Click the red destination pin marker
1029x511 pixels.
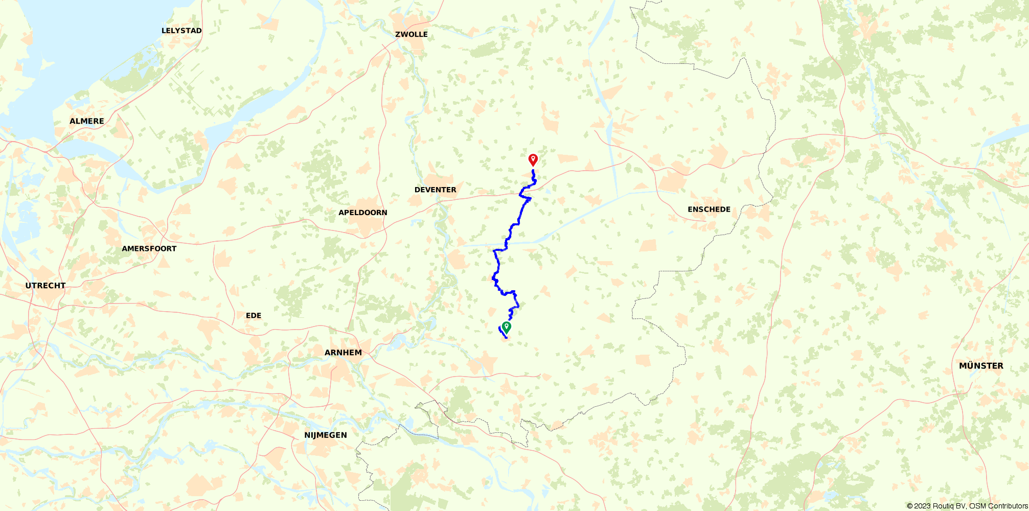[533, 160]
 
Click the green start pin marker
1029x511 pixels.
[507, 327]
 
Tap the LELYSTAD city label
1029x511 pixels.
[181, 31]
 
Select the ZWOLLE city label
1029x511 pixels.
[411, 34]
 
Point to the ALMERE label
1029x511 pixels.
[87, 121]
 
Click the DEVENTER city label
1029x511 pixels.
[435, 190]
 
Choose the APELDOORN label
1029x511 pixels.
[363, 213]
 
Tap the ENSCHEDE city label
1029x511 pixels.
[709, 210]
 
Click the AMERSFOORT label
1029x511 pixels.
[149, 249]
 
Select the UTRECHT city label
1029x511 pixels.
[45, 286]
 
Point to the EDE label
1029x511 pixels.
[254, 316]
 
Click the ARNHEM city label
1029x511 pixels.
[343, 353]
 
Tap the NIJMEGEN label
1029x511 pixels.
[326, 435]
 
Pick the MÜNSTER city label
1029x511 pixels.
[981, 366]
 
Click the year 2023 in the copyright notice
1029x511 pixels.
[922, 506]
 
